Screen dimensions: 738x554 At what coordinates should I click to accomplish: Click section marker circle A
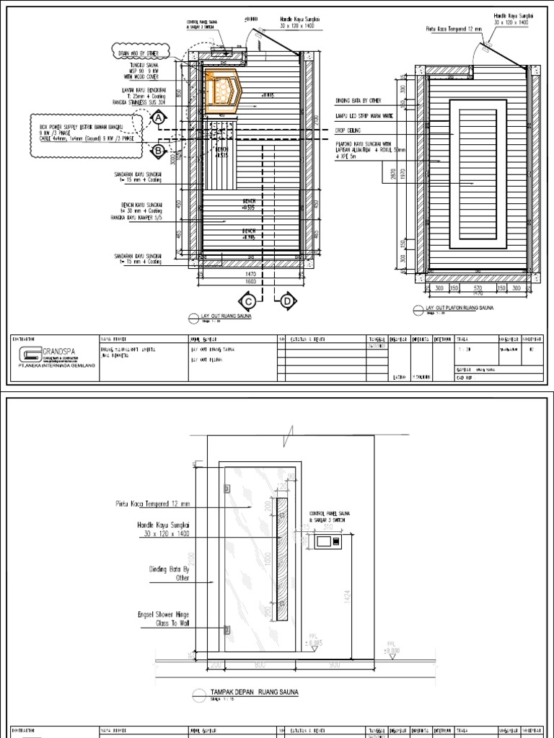pos(157,123)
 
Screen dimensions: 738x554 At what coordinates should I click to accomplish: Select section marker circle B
pos(157,150)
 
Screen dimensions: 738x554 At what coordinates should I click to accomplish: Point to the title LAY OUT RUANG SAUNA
pos(220,316)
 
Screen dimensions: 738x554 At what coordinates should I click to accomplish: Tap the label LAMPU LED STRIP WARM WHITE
pos(364,115)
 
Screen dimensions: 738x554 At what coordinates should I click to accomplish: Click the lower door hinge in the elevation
pos(228,630)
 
